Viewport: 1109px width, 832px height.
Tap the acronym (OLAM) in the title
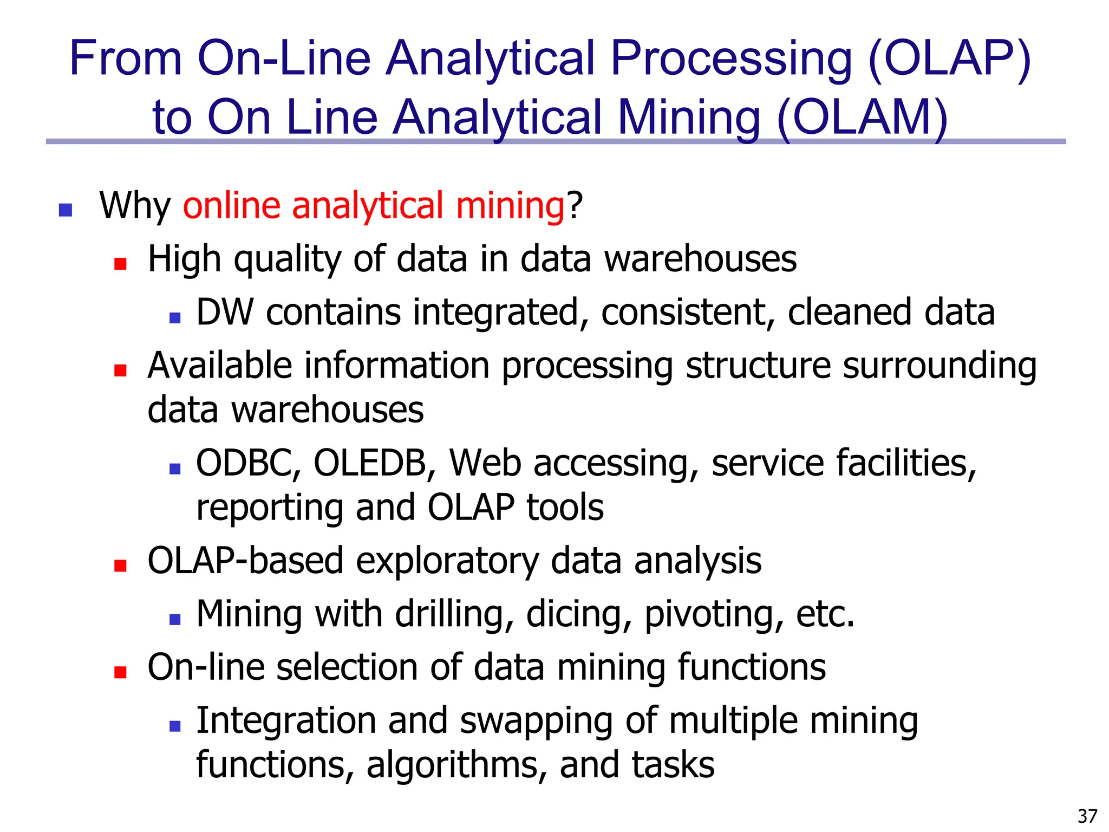click(862, 118)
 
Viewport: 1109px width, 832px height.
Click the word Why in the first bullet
click(135, 206)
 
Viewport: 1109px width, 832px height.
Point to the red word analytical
click(368, 206)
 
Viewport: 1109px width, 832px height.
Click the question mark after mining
click(575, 206)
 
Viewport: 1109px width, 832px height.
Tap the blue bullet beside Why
click(66, 210)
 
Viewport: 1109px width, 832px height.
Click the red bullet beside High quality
click(120, 264)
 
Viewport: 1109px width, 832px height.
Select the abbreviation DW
click(224, 313)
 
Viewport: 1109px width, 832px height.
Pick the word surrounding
click(940, 366)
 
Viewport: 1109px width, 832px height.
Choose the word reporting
click(270, 508)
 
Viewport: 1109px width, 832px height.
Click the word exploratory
click(447, 561)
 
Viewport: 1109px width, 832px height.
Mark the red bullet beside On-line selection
click(120, 672)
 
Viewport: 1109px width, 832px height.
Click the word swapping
click(537, 721)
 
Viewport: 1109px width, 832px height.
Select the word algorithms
click(456, 765)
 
